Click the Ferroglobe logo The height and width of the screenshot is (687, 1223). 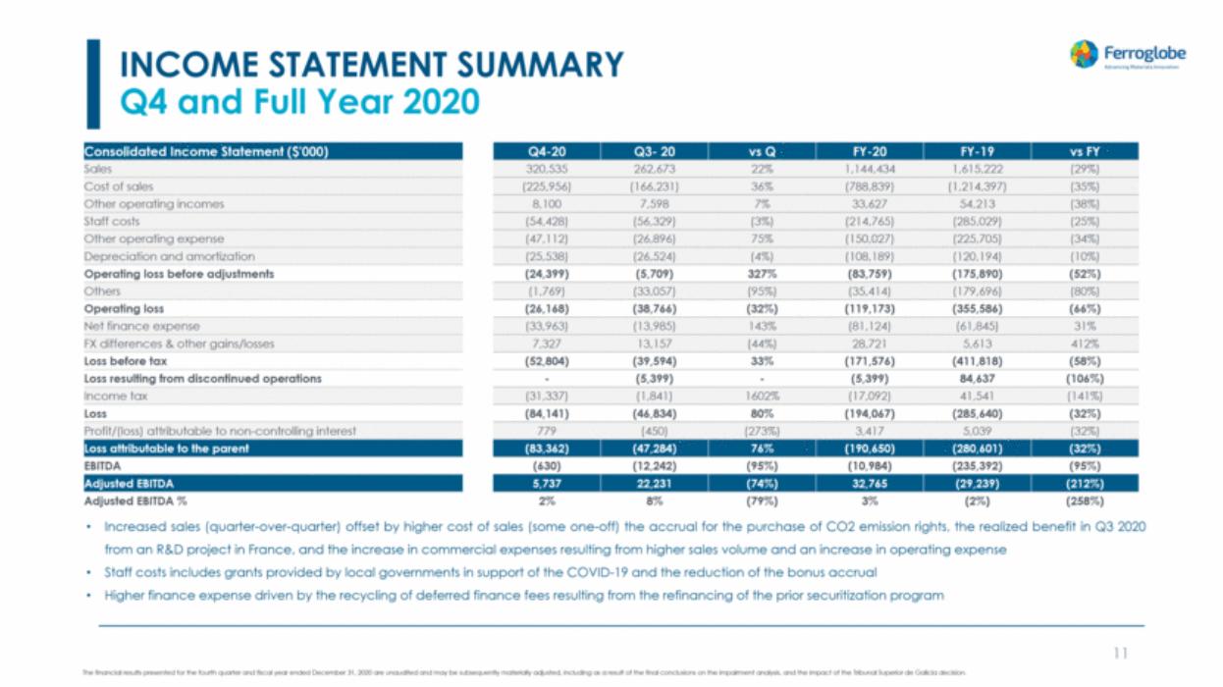coord(1127,55)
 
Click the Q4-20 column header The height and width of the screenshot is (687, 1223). coord(546,152)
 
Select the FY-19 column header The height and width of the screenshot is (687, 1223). coord(977,152)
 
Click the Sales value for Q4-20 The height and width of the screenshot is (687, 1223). coord(546,169)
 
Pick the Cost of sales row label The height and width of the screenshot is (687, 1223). coord(118,186)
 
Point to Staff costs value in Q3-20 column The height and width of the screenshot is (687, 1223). coord(653,222)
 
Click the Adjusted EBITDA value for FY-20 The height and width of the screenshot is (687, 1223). coord(869,484)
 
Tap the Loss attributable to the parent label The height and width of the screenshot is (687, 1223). coord(166,449)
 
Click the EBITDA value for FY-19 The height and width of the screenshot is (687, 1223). coord(977,466)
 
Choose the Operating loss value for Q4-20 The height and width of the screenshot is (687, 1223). coord(546,309)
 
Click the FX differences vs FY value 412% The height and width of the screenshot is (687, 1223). coord(1085,343)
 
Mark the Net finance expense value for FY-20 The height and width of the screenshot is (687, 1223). coord(869,326)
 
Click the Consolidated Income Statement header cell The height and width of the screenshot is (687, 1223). coord(206,152)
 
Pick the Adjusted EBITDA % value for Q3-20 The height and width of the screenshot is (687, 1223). coord(653,501)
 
